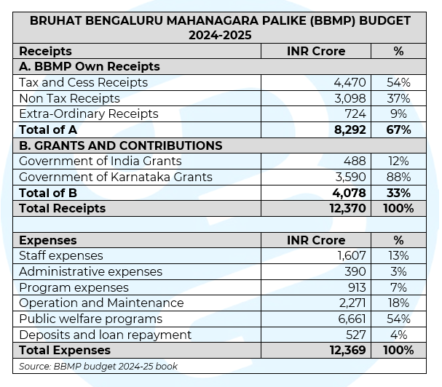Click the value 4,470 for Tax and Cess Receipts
tap(350, 83)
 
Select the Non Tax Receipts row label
tap(69, 98)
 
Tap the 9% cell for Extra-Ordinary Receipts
tap(398, 114)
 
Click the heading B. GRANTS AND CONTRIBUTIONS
tap(120, 145)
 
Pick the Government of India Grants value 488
tap(355, 161)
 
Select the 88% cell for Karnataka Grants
tap(398, 177)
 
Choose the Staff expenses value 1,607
tap(351, 256)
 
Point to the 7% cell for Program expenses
tap(398, 287)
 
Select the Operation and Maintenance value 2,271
tap(350, 303)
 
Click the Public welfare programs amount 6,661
tap(350, 319)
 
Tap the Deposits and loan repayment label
tap(105, 335)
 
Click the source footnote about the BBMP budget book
tap(98, 366)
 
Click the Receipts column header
tap(45, 51)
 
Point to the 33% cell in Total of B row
tap(398, 193)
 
